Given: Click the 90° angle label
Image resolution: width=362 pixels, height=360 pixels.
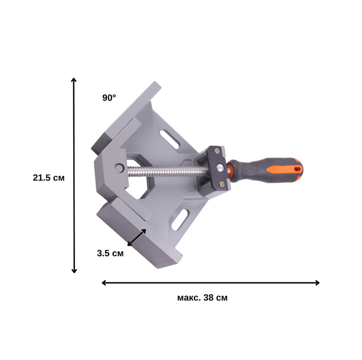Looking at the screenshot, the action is (109, 98).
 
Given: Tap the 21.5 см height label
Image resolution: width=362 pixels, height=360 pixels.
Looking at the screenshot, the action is (49, 178).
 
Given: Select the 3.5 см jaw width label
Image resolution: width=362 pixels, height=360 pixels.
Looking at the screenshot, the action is (110, 253).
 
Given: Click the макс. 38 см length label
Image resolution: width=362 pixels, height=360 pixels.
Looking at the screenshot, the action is (202, 298).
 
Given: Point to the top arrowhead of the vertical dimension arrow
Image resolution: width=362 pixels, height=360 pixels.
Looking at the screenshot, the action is (74, 78).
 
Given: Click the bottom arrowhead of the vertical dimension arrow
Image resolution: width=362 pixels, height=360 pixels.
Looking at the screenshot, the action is (74, 272).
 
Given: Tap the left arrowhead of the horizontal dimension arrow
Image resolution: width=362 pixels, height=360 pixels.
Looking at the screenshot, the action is (102, 283).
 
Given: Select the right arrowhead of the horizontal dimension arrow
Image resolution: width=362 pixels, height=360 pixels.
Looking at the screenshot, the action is (319, 283).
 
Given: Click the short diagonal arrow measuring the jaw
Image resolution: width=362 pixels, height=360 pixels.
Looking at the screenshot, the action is (137, 237).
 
